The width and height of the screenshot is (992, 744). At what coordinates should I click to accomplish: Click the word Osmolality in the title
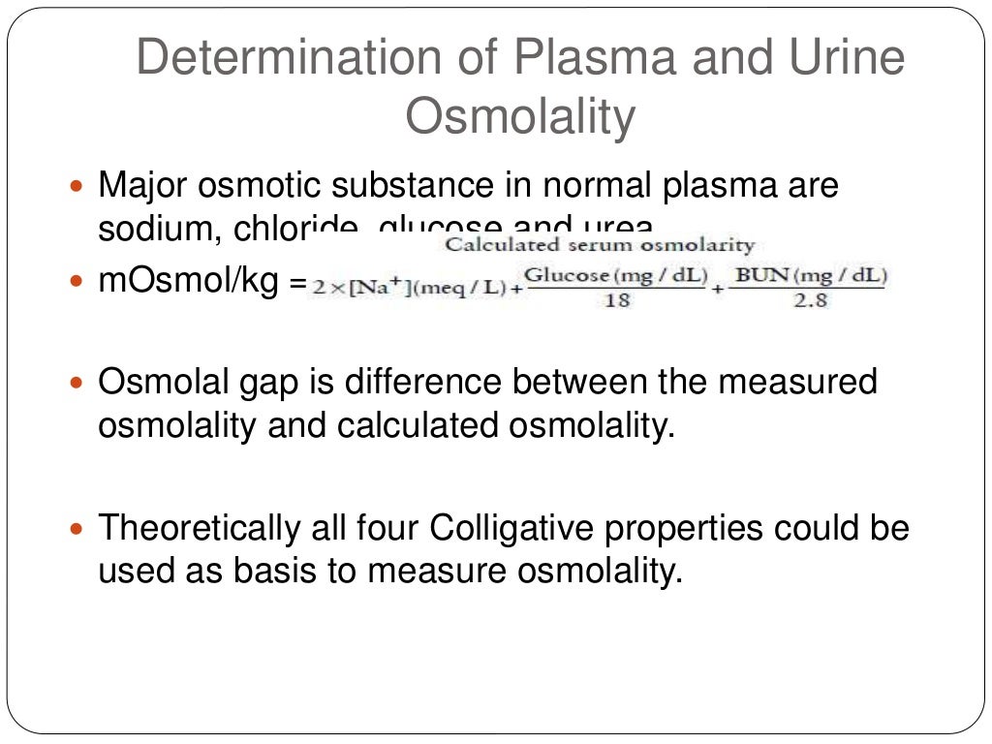pyautogui.click(x=520, y=117)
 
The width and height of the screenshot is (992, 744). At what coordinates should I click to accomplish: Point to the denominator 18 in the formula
pyautogui.click(x=616, y=300)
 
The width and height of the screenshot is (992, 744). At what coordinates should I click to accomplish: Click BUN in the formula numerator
pyautogui.click(x=751, y=275)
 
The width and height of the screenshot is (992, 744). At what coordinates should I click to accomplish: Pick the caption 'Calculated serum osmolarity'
pyautogui.click(x=599, y=245)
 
